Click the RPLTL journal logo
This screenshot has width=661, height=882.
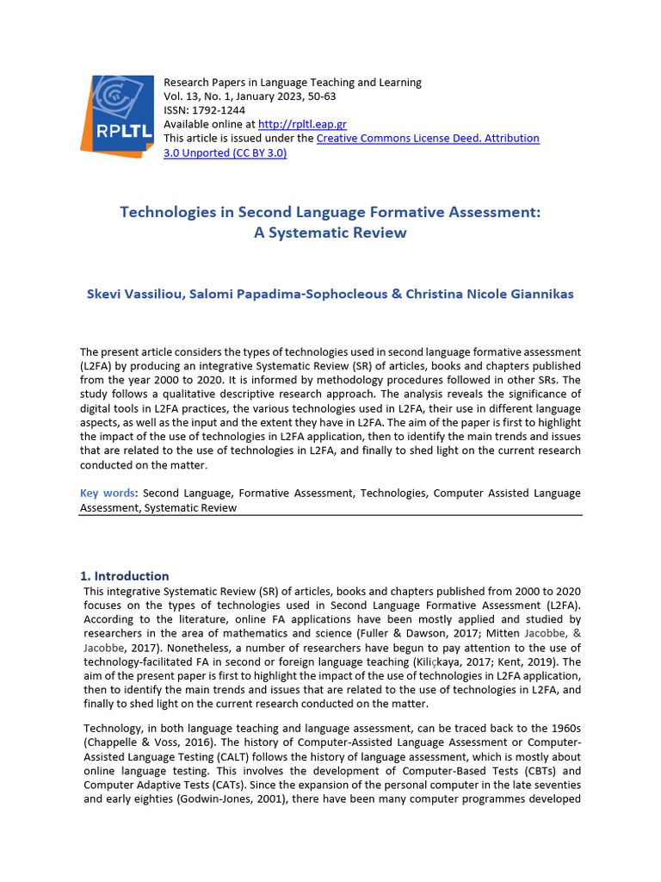117,116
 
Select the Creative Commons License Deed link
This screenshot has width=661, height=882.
428,138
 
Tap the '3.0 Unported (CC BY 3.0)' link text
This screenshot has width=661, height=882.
225,152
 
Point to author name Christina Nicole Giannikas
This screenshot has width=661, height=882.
489,294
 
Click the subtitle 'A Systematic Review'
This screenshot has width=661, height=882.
330,233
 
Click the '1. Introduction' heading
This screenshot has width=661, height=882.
124,575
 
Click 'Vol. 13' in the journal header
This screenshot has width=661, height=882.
181,96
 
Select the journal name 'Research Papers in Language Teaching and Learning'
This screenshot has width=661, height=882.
292,83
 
